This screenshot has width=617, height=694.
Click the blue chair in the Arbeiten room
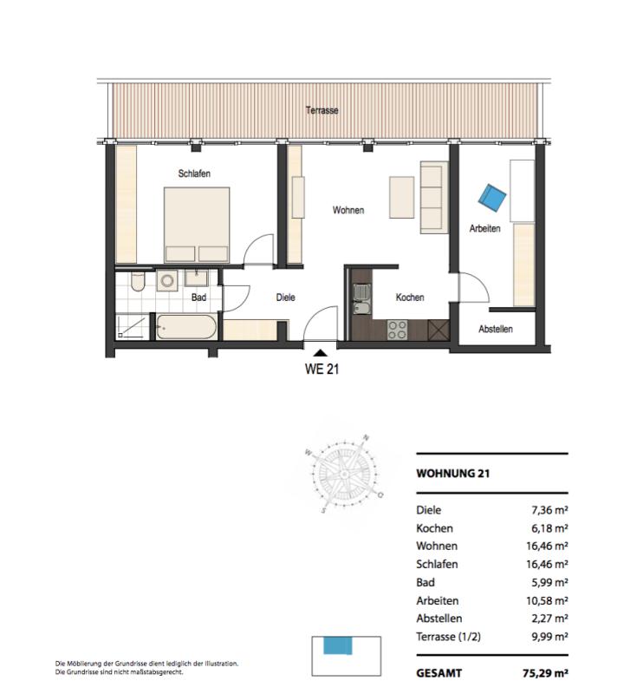coord(492,199)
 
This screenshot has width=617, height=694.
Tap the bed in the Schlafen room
coord(197,225)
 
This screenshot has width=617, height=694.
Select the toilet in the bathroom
coord(138,281)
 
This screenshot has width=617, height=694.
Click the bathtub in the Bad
coord(186,327)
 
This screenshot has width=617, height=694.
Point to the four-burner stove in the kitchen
coord(397,330)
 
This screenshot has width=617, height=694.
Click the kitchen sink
coord(361,299)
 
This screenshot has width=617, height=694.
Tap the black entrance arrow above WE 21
coord(321,353)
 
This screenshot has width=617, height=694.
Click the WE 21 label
coord(321,370)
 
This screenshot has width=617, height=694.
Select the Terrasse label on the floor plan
coord(321,110)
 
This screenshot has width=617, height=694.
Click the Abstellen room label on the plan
coord(496,329)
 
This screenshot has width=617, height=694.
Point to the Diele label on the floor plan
coord(285,298)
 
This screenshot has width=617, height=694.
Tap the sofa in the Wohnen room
coord(434,198)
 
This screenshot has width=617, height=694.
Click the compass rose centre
coord(343,474)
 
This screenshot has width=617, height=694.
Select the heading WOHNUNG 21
coord(453,473)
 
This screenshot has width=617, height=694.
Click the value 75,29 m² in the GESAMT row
coord(545,673)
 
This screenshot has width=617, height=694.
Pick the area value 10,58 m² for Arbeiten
coord(547,600)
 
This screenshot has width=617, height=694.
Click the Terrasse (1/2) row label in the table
coord(449,637)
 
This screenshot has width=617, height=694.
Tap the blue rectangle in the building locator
coord(338,645)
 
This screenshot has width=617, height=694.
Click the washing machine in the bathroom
coord(167,280)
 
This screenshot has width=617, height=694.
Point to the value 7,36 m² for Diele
coord(549,510)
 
